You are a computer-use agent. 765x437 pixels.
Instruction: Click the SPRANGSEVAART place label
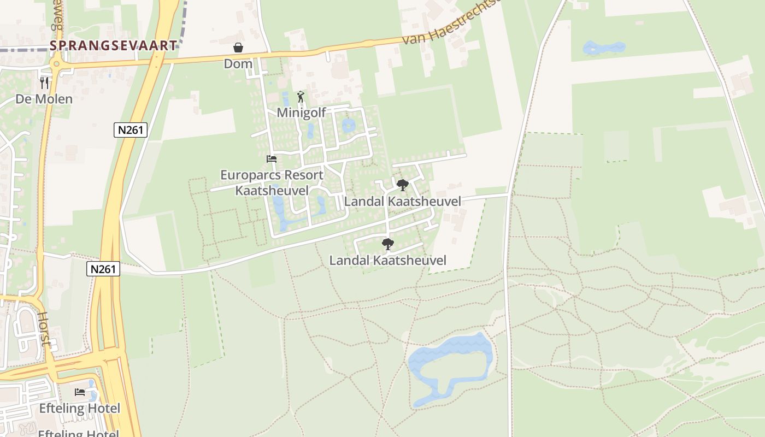pos(114,45)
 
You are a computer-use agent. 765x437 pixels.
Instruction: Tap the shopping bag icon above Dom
pos(238,48)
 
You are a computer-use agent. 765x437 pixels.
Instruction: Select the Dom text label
pos(238,64)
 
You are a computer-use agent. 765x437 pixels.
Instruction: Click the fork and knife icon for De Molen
pos(44,83)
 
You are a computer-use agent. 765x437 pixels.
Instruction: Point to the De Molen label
pos(44,99)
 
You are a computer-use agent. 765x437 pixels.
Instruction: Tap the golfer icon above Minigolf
pos(301,97)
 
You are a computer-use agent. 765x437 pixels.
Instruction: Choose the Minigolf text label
pos(301,113)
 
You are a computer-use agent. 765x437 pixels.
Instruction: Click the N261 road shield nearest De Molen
pos(131,130)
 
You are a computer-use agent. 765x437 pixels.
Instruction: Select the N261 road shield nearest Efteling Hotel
pos(103,269)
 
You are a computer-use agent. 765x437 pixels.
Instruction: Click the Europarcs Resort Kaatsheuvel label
pos(272,182)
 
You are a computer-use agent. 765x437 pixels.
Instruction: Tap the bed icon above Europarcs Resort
pos(272,159)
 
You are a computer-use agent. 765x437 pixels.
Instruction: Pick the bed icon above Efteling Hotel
pos(80,392)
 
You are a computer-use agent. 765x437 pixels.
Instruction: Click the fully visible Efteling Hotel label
pos(80,408)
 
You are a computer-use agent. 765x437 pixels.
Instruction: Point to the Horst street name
pos(44,329)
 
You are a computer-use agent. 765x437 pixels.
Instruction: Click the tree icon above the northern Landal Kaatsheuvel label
pos(402,185)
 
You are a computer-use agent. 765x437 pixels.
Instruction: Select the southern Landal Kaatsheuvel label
pos(387,260)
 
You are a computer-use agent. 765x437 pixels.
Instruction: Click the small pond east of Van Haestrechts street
pos(604,48)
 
